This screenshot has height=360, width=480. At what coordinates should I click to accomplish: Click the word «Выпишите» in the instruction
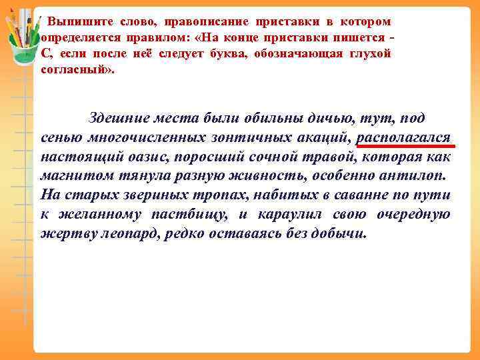coord(73,22)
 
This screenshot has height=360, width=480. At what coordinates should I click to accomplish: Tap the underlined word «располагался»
coord(405,138)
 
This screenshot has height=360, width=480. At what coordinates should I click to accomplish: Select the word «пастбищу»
coord(194,215)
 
